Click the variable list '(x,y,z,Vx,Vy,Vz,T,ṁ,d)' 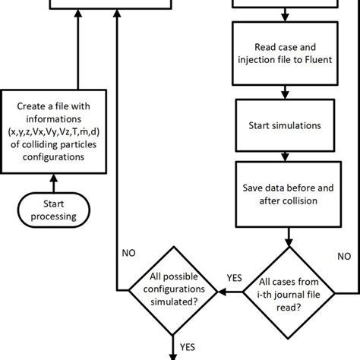pyautogui.click(x=52, y=133)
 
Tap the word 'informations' pyautogui.click(x=52, y=119)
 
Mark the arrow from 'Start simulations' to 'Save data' pyautogui.click(x=283, y=152)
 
